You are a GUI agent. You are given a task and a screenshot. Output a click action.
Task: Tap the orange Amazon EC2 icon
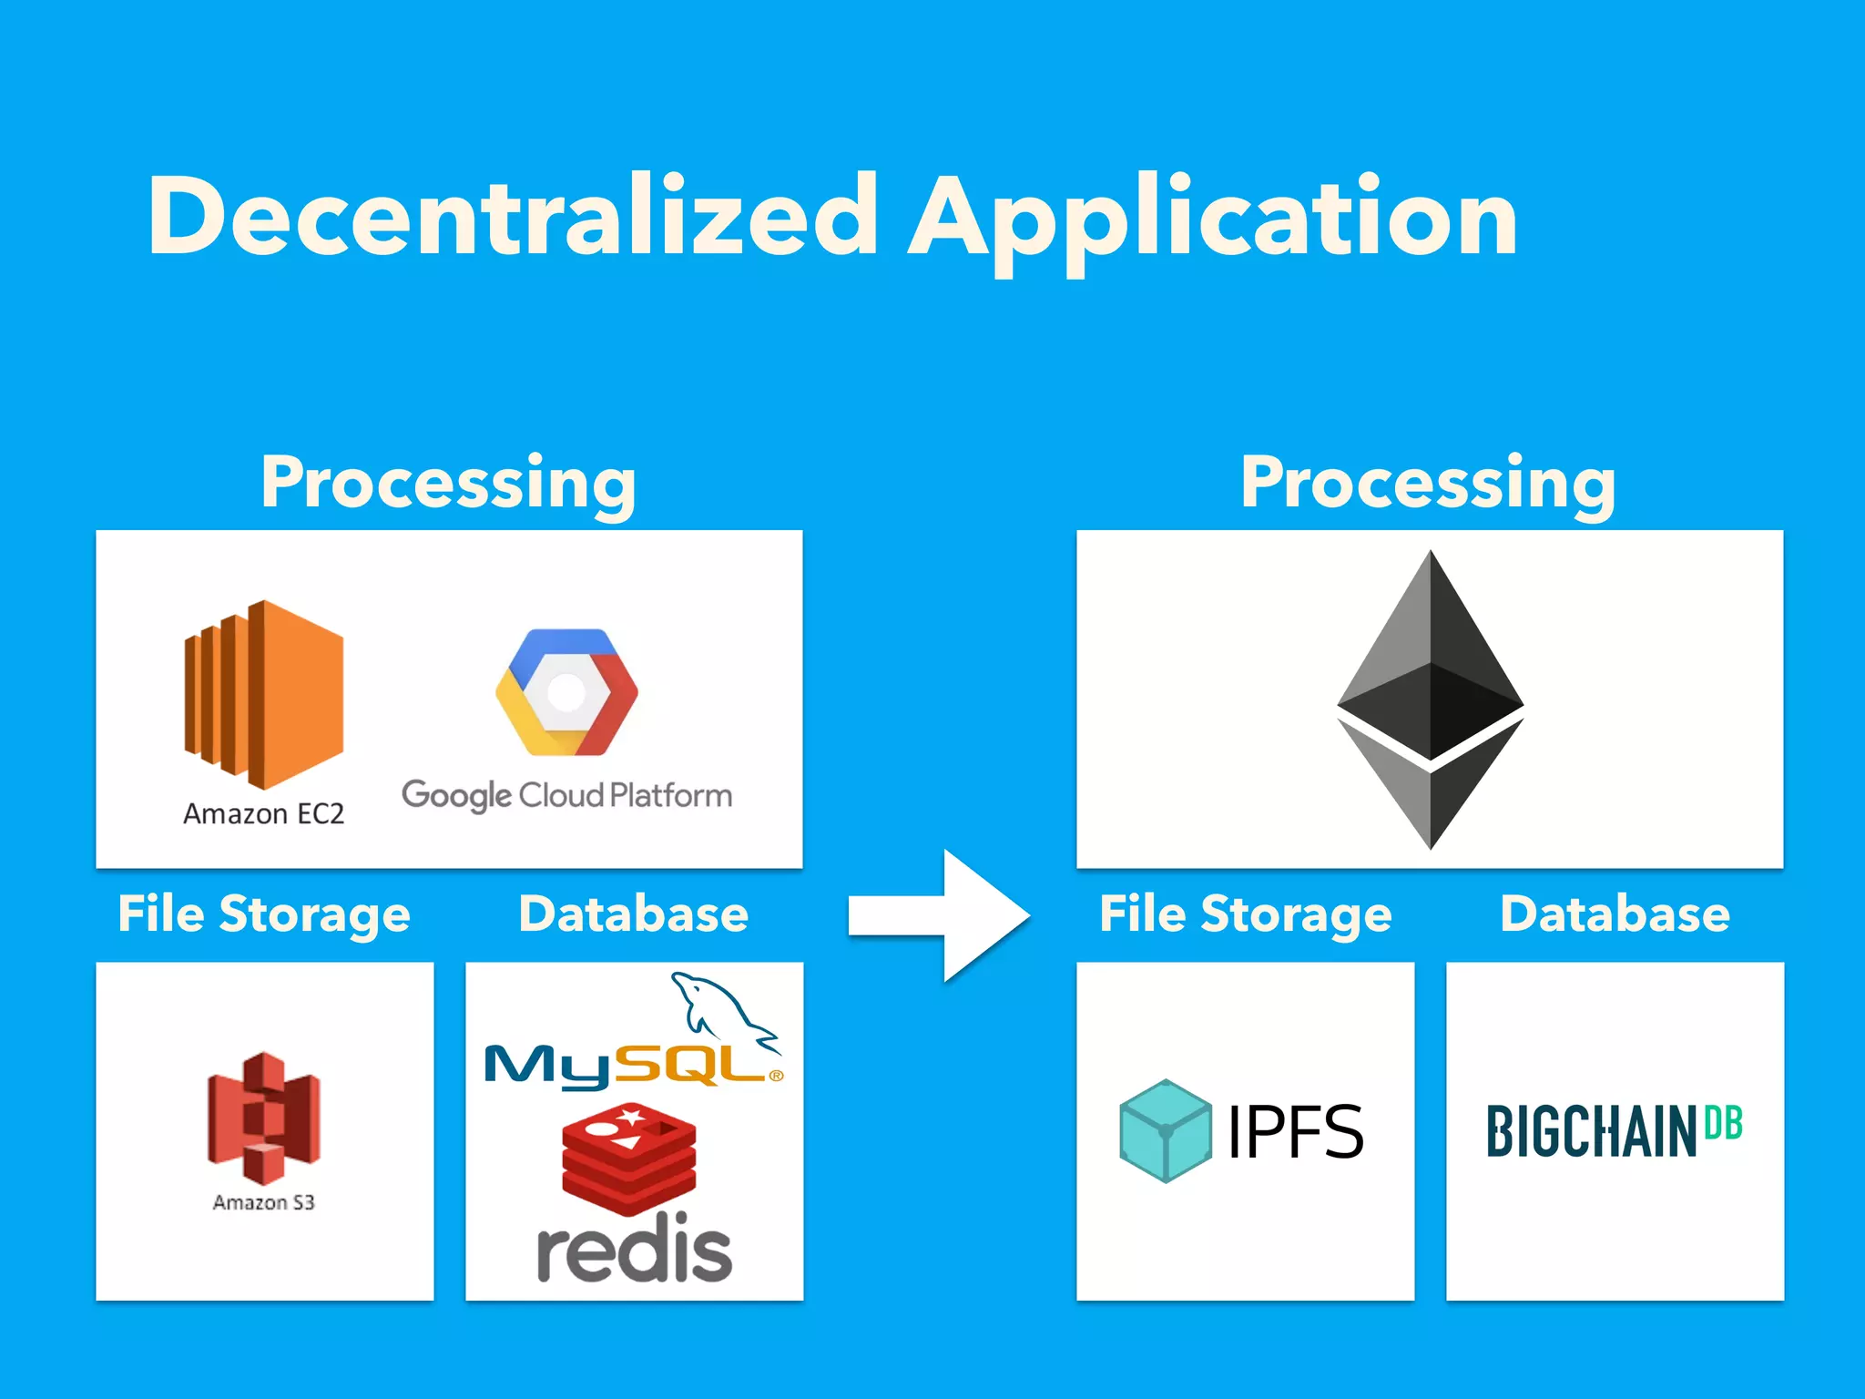tap(264, 694)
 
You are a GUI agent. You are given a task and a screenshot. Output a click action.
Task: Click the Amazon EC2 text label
tap(264, 813)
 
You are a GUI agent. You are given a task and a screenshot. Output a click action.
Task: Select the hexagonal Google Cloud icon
tap(566, 692)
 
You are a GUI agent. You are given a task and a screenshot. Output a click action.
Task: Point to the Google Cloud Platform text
tap(566, 796)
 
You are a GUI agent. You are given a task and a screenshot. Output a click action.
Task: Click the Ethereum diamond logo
tap(1430, 699)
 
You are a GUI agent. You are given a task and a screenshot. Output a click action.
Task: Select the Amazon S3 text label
tap(264, 1202)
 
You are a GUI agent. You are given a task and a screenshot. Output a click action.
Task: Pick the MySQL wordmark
tap(628, 1065)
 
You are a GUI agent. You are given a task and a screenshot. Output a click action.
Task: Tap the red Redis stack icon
tap(629, 1157)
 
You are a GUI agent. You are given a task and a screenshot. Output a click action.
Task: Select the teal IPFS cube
tap(1166, 1131)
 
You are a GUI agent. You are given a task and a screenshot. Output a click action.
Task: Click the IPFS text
tap(1295, 1132)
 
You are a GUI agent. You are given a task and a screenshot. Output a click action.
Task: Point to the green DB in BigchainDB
tap(1723, 1123)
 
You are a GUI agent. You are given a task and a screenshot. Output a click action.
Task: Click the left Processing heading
tap(448, 483)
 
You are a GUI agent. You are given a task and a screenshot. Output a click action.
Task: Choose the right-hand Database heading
tap(1615, 914)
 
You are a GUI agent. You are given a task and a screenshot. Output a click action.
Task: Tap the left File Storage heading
tap(264, 914)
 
